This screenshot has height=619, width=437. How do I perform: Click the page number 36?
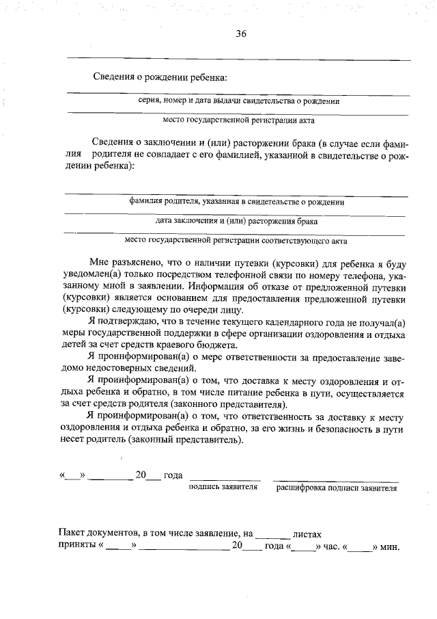[240, 34]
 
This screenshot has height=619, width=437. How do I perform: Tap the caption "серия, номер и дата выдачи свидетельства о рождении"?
[239, 101]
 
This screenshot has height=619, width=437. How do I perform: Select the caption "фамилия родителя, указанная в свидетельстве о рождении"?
[238, 202]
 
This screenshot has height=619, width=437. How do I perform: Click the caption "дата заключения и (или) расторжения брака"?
[236, 221]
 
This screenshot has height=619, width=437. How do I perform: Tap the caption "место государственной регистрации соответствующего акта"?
[237, 240]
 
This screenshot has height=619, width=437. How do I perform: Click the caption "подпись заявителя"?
[223, 488]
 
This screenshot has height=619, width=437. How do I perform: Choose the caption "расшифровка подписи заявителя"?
[337, 488]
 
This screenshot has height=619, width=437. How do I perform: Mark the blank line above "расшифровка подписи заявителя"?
[335, 479]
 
